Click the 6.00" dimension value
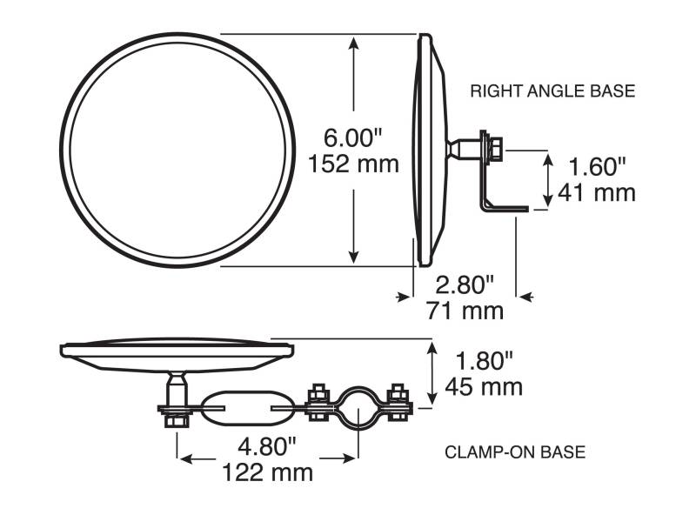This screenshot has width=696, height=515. (352, 137)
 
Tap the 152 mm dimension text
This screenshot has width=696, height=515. (353, 164)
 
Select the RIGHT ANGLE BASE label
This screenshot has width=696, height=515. (552, 91)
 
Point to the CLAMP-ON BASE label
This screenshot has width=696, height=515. (515, 452)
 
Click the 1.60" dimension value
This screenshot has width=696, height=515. (597, 167)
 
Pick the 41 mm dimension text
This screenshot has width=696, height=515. (597, 193)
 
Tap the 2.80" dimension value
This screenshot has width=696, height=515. (465, 284)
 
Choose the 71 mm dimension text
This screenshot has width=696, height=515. (465, 311)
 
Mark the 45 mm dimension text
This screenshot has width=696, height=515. (484, 387)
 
